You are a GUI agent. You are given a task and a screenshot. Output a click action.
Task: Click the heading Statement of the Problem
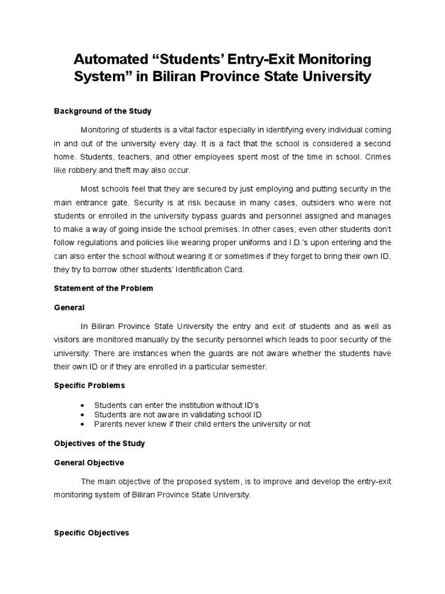(x=103, y=288)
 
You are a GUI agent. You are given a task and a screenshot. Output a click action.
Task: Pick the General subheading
(x=69, y=307)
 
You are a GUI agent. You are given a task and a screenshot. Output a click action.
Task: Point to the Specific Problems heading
(x=89, y=385)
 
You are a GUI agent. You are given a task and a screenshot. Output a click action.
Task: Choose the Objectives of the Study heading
(x=99, y=443)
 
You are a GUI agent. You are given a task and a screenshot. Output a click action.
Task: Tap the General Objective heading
(x=89, y=463)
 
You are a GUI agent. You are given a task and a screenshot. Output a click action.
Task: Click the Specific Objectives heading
(x=91, y=533)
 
